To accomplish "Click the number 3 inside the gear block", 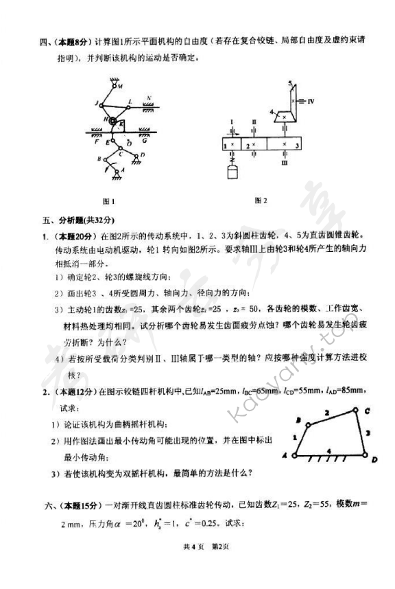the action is pos(296,146).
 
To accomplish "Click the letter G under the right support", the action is pos(146,141).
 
